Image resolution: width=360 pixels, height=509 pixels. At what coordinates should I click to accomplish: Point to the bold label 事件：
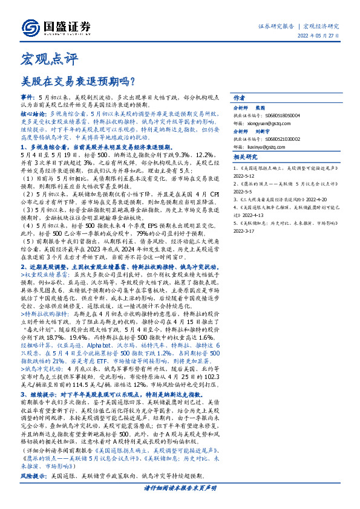[28, 97]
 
